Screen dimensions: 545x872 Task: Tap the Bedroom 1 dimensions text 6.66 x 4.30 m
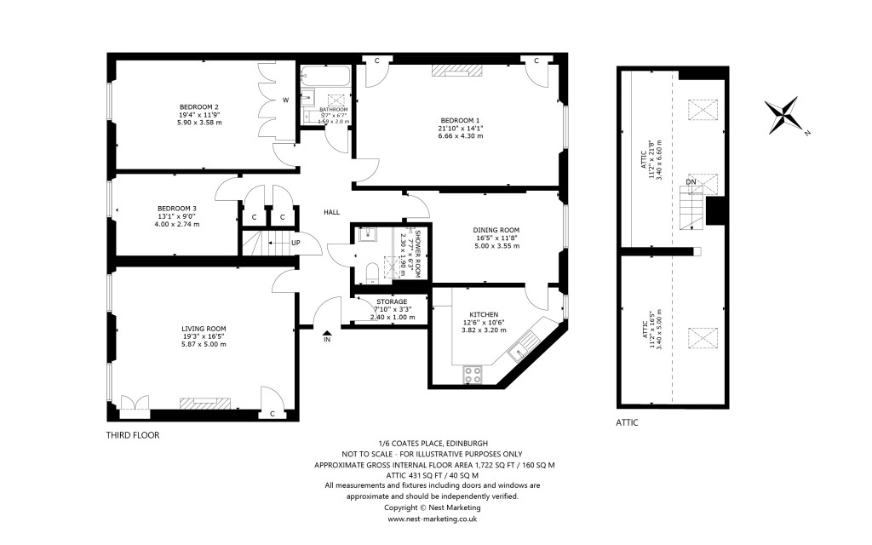(460, 136)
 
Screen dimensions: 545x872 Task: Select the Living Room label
(204, 328)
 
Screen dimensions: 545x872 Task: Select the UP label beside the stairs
(295, 243)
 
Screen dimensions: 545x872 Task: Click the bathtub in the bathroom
(325, 77)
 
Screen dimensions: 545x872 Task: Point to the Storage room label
(392, 301)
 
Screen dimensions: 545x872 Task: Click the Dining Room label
(496, 230)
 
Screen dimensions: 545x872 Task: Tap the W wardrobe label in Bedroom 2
(286, 100)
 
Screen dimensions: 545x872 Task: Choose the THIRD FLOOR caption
(132, 434)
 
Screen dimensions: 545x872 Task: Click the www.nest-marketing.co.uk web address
(432, 518)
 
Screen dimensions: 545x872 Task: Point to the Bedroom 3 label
(177, 209)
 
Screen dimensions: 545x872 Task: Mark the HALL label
(332, 212)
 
